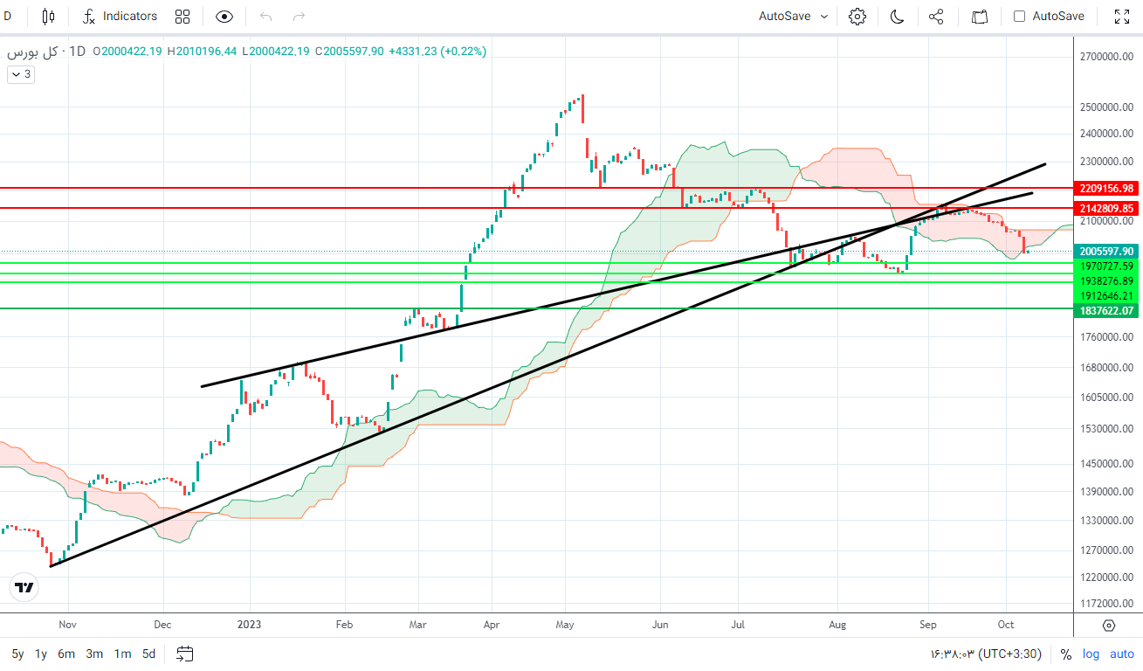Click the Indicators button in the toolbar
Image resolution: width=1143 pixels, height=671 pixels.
click(120, 17)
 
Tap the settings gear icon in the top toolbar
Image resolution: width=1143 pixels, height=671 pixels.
click(857, 17)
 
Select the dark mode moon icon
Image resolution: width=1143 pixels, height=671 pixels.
click(897, 17)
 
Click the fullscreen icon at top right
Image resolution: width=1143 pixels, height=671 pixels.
click(1122, 17)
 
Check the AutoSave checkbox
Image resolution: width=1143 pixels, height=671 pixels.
click(1019, 17)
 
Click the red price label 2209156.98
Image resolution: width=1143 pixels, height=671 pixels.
click(1105, 189)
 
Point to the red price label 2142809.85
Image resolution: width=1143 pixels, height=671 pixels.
click(1105, 209)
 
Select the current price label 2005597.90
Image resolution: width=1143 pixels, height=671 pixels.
click(1105, 251)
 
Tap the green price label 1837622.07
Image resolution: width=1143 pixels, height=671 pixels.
click(1105, 310)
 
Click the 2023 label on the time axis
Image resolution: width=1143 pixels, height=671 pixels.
click(250, 625)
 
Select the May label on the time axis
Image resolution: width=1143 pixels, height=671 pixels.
click(565, 625)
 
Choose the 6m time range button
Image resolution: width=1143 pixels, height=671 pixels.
click(66, 654)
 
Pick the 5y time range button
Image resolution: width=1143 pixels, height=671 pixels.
click(17, 654)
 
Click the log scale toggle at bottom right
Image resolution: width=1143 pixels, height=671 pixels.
click(1091, 654)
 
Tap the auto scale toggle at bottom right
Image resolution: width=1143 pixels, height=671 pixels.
click(1122, 654)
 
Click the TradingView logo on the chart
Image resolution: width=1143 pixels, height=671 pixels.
click(24, 588)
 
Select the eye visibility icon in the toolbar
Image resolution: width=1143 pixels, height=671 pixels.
click(224, 17)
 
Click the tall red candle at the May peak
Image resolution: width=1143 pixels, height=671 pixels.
click(582, 108)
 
